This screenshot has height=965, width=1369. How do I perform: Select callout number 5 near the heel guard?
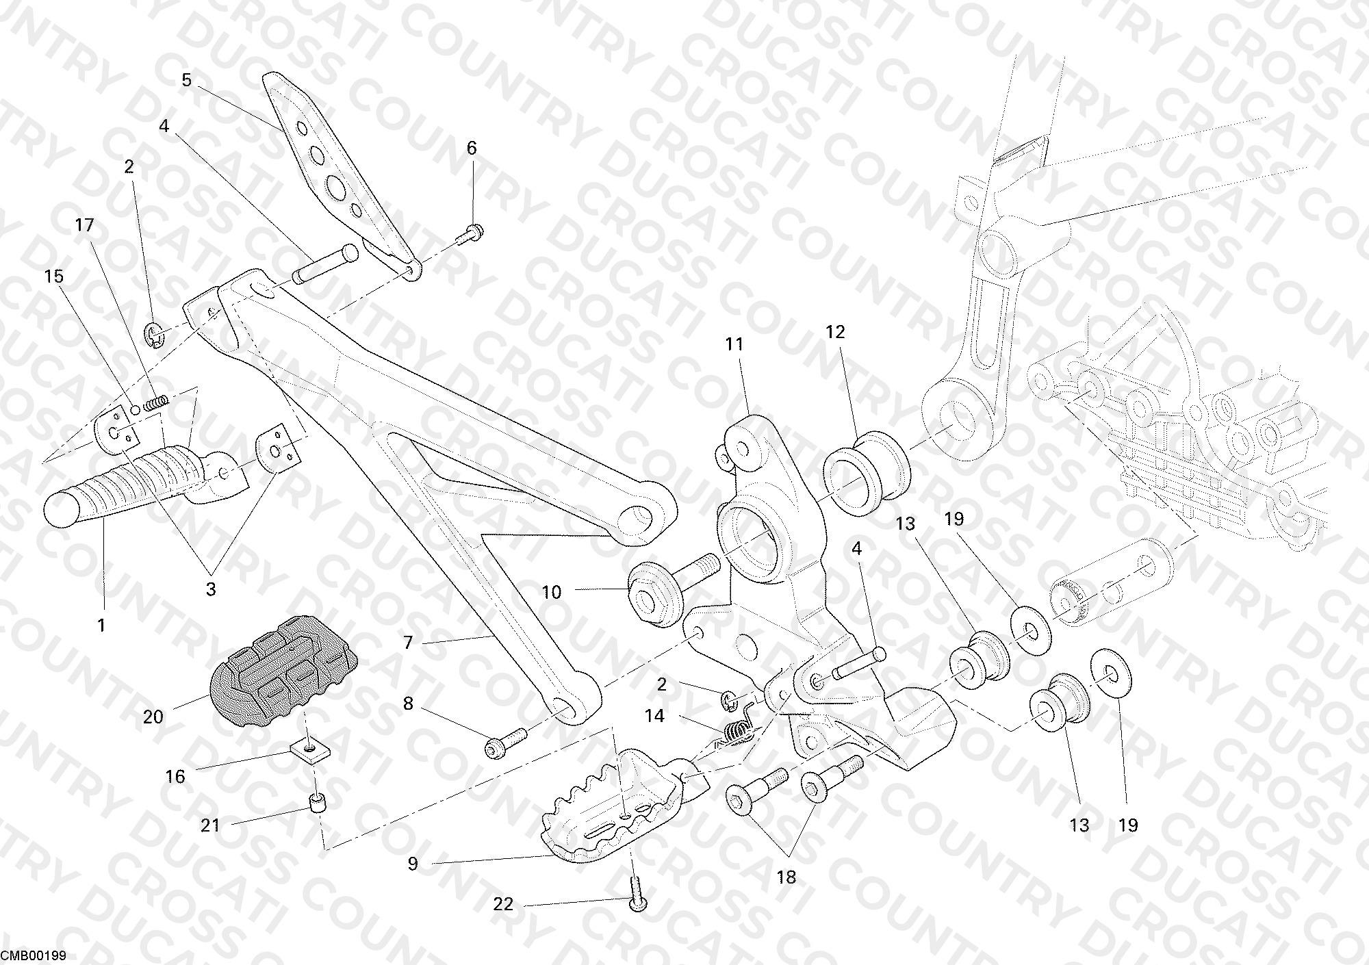click(x=187, y=80)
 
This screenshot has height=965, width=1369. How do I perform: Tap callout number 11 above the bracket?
click(x=734, y=344)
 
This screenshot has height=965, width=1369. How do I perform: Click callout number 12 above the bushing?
click(x=835, y=332)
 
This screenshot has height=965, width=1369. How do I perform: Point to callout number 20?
click(x=153, y=717)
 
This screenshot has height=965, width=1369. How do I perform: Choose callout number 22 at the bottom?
click(x=503, y=904)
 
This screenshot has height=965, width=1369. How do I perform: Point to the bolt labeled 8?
click(x=506, y=741)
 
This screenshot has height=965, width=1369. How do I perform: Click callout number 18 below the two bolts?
click(x=786, y=877)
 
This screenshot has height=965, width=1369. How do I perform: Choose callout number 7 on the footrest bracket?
click(x=408, y=643)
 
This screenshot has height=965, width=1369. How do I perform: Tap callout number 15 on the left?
click(x=53, y=276)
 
